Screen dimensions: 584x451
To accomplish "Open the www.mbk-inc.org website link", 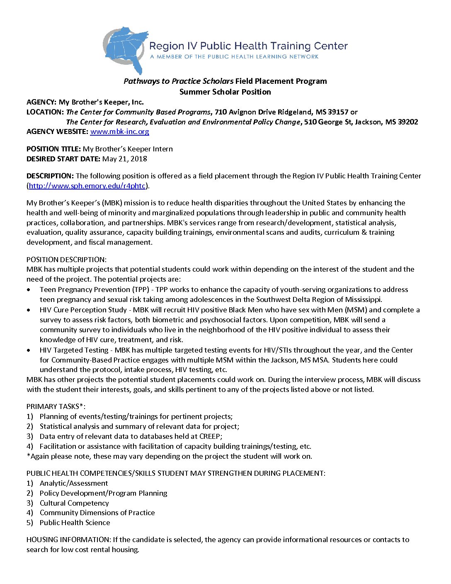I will (119, 131).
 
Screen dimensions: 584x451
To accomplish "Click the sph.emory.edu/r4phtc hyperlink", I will (87, 186).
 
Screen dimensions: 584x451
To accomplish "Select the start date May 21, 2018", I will (124, 159).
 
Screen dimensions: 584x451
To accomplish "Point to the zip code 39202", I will (408, 122).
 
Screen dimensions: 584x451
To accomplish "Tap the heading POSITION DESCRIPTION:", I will (66, 260).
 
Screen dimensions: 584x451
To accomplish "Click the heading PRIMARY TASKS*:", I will (56, 406).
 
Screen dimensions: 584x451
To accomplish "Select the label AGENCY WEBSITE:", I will (57, 131).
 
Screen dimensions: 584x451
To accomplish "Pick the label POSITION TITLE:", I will (53, 149).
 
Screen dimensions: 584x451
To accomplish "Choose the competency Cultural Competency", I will (74, 503).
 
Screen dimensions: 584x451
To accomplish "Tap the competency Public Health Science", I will (75, 523).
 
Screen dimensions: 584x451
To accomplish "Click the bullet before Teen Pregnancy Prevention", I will (28, 290).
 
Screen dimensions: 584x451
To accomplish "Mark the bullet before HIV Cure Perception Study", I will (28, 310).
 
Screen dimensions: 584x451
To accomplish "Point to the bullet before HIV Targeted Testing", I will (28, 350).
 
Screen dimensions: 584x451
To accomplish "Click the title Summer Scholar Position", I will (225, 92).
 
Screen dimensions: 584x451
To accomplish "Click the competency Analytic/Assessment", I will (74, 483).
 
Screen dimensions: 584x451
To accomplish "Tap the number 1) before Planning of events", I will (29, 416).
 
